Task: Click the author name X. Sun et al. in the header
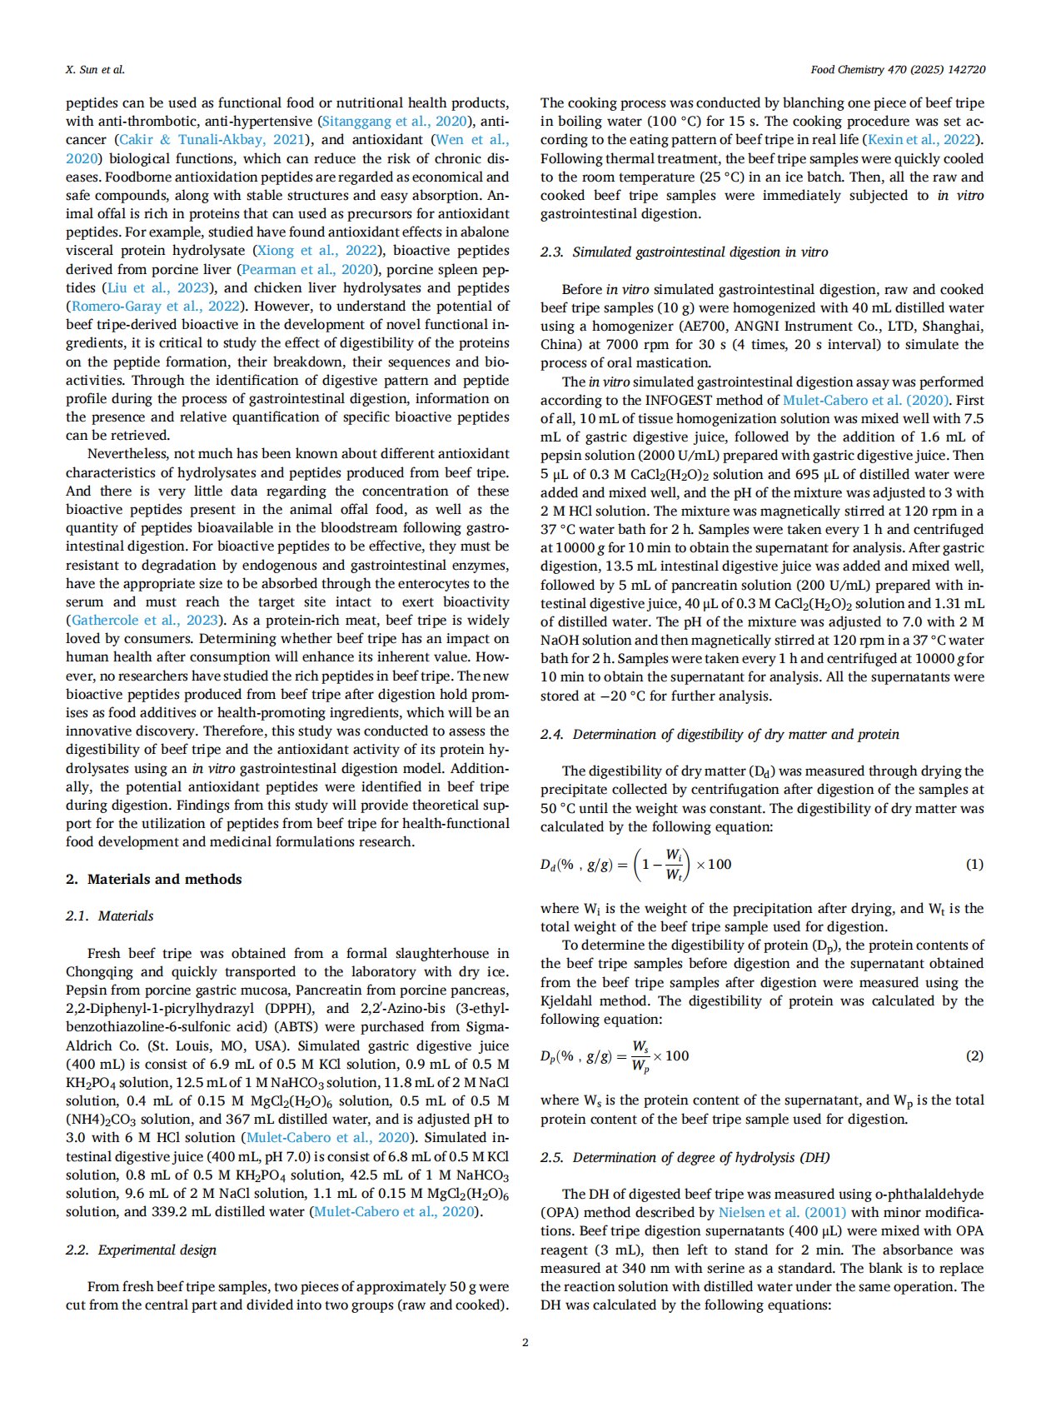click(95, 69)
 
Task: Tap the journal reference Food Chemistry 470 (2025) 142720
click(898, 69)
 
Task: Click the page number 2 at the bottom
click(525, 1342)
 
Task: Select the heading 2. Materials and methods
click(154, 879)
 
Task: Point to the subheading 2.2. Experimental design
click(141, 1250)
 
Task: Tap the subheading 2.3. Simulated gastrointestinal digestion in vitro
click(684, 252)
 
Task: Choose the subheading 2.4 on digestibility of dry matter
click(720, 734)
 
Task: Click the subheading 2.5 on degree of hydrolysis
click(685, 1157)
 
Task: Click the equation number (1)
click(974, 864)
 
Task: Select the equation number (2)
click(974, 1055)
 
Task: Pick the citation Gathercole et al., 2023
click(145, 620)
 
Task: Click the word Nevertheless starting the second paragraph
click(125, 453)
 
